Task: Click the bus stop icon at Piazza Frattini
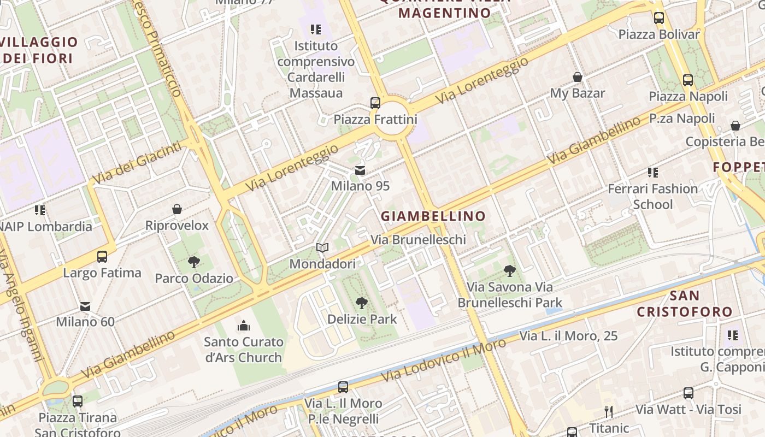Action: pyautogui.click(x=375, y=103)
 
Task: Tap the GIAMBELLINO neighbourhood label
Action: pyautogui.click(x=433, y=216)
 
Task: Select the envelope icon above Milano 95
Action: pyautogui.click(x=360, y=170)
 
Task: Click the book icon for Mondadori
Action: pyautogui.click(x=322, y=248)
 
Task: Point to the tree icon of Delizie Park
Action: pyautogui.click(x=361, y=303)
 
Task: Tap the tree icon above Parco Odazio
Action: pyautogui.click(x=193, y=262)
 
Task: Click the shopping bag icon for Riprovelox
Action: pyautogui.click(x=177, y=209)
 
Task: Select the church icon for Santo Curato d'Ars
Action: pyautogui.click(x=244, y=326)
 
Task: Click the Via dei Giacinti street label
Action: pyautogui.click(x=136, y=163)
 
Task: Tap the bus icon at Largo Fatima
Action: pyautogui.click(x=102, y=256)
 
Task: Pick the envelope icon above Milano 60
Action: pyautogui.click(x=85, y=306)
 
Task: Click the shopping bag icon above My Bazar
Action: pyautogui.click(x=577, y=77)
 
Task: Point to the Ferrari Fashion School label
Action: pyautogui.click(x=653, y=197)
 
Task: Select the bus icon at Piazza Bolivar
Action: pyautogui.click(x=659, y=17)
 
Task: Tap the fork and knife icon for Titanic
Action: pyautogui.click(x=609, y=412)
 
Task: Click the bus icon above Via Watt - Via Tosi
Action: pyautogui.click(x=688, y=393)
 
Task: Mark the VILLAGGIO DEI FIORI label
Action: pyautogui.click(x=39, y=50)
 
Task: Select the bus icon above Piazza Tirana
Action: pyautogui.click(x=78, y=401)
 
